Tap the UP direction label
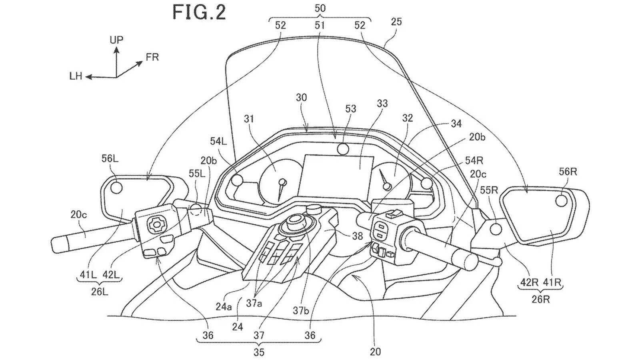tap(116, 40)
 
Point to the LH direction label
tap(76, 76)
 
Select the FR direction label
tap(152, 57)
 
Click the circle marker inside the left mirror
tap(116, 187)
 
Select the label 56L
tap(110, 159)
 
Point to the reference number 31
tap(249, 119)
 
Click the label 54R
tap(474, 161)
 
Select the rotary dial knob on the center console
tap(296, 222)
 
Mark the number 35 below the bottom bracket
tap(258, 352)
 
